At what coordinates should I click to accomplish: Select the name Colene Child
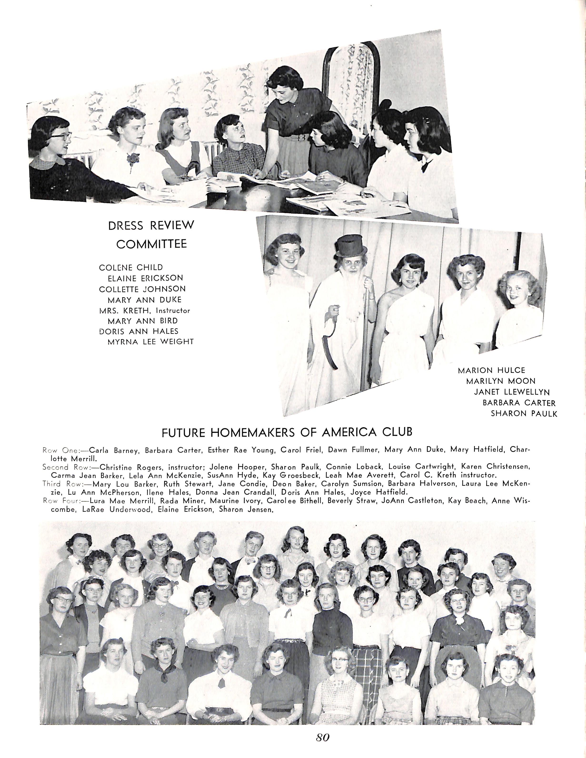pos(131,268)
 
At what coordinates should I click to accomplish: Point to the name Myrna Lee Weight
pos(151,342)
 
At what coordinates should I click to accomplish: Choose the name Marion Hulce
pos(491,370)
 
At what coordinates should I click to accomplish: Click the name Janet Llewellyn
pos(512,392)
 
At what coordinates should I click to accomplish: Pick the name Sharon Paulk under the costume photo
pos(524,414)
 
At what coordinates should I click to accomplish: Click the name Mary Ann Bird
pos(143,321)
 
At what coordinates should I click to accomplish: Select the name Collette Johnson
pos(142,289)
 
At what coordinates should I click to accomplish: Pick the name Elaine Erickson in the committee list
pos(145,278)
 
